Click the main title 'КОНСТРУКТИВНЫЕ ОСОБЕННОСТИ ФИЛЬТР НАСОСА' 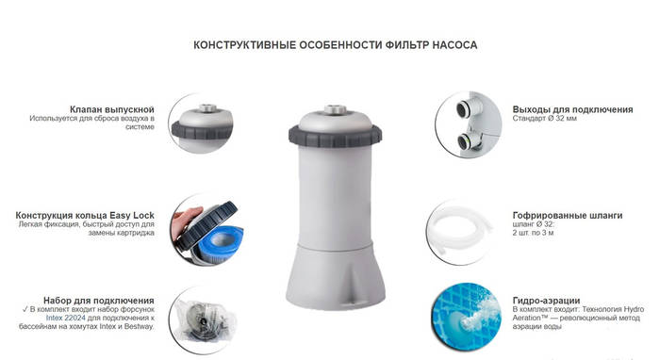pos(335,44)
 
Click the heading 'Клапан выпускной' pos(112,110)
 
